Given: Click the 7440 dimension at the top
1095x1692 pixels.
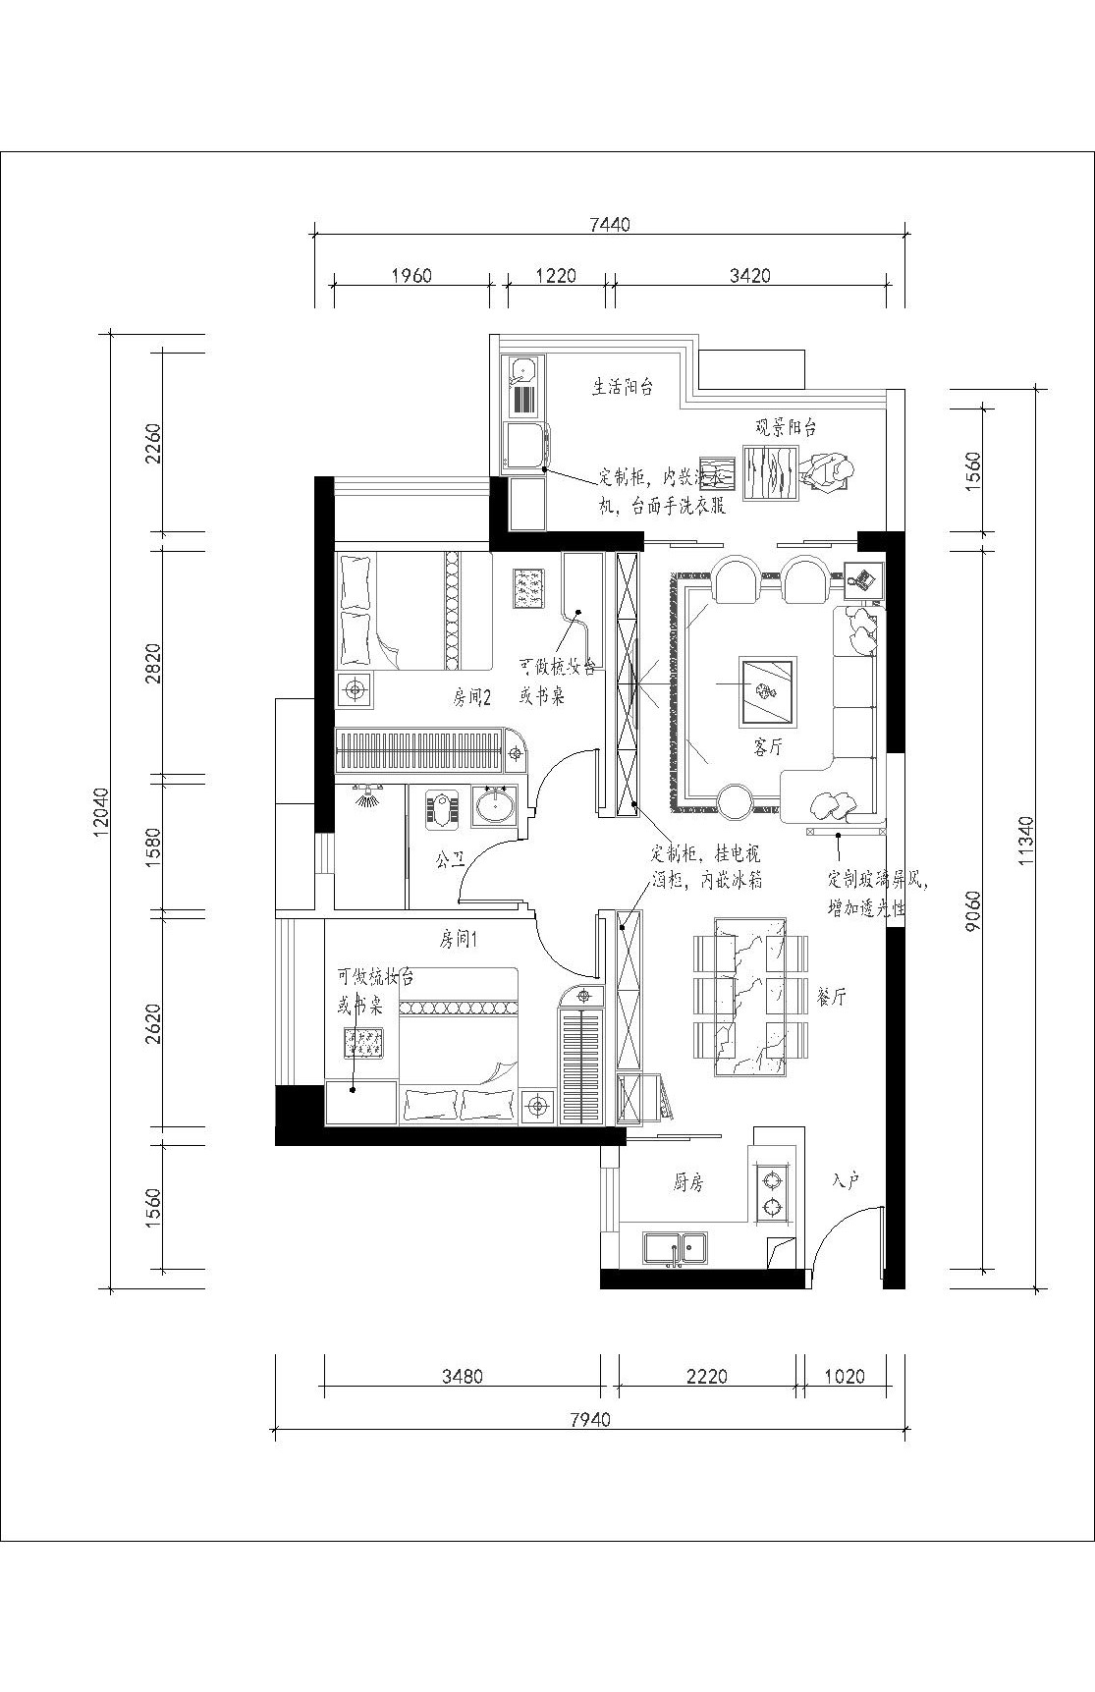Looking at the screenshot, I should pyautogui.click(x=609, y=225).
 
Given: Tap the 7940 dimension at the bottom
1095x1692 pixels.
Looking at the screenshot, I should pyautogui.click(x=589, y=1419).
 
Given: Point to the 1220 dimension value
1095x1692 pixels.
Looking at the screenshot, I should pyautogui.click(x=556, y=276).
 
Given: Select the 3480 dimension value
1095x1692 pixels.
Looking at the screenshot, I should pyautogui.click(x=462, y=1376).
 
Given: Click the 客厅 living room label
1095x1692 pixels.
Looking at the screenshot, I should pyautogui.click(x=768, y=747).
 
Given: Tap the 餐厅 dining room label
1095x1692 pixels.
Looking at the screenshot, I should pyautogui.click(x=831, y=998).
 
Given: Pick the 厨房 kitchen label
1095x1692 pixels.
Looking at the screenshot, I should pyautogui.click(x=688, y=1183).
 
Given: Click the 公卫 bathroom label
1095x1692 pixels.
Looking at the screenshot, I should pyautogui.click(x=450, y=860).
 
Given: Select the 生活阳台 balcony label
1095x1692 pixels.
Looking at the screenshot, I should pyautogui.click(x=623, y=387).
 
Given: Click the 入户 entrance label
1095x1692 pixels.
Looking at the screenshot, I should pyautogui.click(x=846, y=1180).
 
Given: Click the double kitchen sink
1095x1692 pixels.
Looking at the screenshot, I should pyautogui.click(x=676, y=1248).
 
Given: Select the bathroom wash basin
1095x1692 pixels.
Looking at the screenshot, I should pyautogui.click(x=493, y=807).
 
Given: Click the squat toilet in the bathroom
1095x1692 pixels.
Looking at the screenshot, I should pyautogui.click(x=442, y=811).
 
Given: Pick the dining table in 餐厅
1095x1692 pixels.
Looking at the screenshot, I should pyautogui.click(x=749, y=996).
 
